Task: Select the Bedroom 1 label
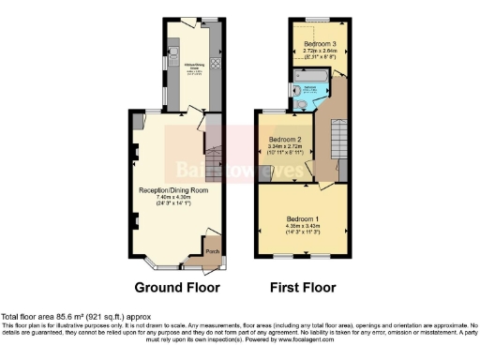pyautogui.click(x=307, y=217)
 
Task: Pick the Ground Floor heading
pyautogui.click(x=172, y=287)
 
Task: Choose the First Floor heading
pyautogui.click(x=302, y=287)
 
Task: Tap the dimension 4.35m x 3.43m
pyautogui.click(x=307, y=224)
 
